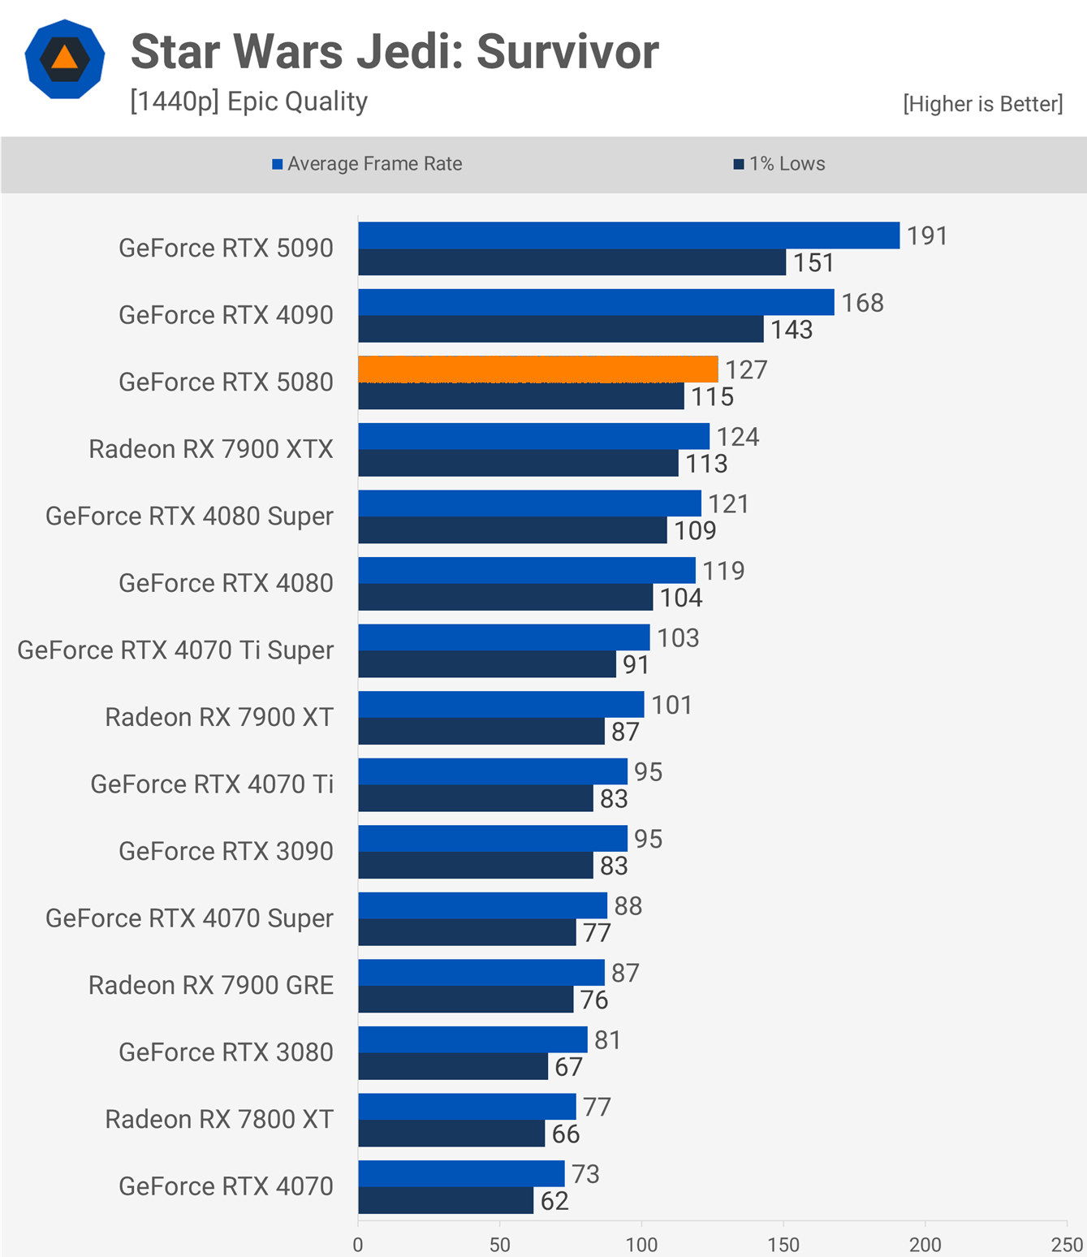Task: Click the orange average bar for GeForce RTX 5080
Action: pos(537,369)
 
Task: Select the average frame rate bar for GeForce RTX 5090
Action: pos(628,235)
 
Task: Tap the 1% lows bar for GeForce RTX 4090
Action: pos(560,329)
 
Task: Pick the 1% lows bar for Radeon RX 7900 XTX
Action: pos(518,463)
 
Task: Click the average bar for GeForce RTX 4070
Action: pos(461,1173)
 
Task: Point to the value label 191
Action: pos(927,236)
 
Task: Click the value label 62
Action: pos(554,1201)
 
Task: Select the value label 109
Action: pos(695,531)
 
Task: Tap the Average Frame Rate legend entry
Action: pos(367,164)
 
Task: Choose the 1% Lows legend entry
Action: pos(779,164)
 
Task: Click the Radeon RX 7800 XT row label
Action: pos(219,1120)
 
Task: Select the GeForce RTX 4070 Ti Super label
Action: pos(175,650)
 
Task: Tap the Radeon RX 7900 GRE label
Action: pos(211,986)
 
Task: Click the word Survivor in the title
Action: pos(567,52)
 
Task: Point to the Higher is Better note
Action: pos(982,104)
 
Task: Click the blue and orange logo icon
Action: pos(65,59)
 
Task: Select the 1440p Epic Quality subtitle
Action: pos(248,102)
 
